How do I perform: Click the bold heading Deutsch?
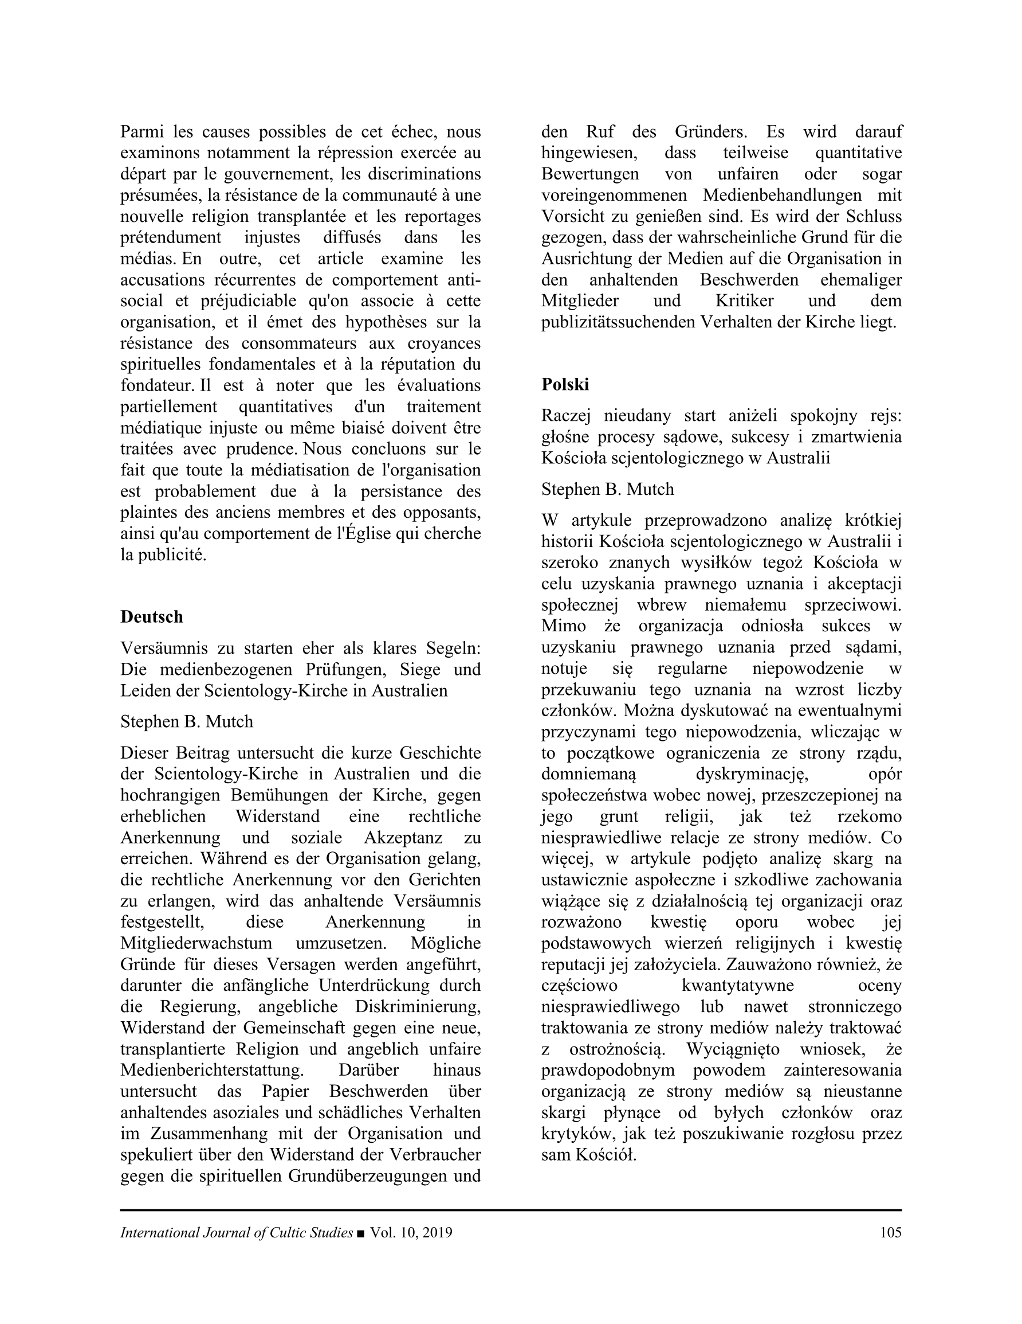[151, 616]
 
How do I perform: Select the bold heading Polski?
[565, 384]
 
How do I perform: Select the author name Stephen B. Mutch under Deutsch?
[187, 721]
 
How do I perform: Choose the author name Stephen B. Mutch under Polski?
[608, 489]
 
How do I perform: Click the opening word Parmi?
[140, 131]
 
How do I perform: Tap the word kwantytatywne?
[737, 986]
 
